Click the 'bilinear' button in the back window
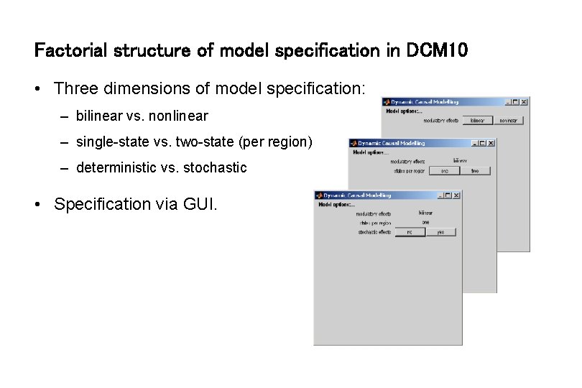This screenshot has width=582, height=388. (477, 121)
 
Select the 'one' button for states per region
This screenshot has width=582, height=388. (444, 171)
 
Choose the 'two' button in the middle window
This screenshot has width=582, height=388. (475, 171)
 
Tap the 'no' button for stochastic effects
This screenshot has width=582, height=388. (410, 232)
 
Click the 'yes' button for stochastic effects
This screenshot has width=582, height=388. (440, 232)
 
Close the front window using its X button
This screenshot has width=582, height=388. (457, 195)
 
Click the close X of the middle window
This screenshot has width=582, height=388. (491, 143)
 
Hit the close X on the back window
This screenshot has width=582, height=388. (525, 102)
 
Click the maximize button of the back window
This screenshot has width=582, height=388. (517, 102)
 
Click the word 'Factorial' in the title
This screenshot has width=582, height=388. (70, 50)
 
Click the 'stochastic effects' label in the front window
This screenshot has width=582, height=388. (374, 232)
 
